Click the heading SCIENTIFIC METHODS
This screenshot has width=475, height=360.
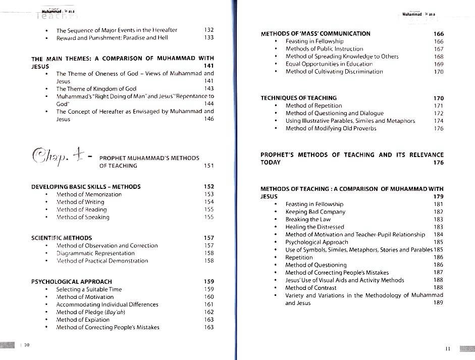(x=62, y=238)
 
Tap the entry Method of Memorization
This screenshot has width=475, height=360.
(x=89, y=194)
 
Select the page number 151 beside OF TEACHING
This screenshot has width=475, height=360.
(x=208, y=166)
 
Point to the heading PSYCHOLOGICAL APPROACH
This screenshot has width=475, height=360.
(x=72, y=282)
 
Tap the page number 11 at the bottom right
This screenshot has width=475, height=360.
(x=447, y=348)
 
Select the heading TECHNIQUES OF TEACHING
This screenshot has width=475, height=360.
(x=298, y=98)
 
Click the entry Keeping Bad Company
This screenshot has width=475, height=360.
(x=315, y=212)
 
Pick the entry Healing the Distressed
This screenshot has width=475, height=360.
(x=314, y=227)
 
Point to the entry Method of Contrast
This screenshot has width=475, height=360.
(x=311, y=288)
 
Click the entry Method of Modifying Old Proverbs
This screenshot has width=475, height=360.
(x=331, y=128)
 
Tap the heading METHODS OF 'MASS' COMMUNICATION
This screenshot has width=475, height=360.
(x=315, y=34)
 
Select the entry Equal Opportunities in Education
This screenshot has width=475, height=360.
(x=329, y=64)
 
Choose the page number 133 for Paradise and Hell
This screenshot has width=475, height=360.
(x=209, y=37)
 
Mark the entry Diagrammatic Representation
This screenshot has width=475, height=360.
(x=95, y=253)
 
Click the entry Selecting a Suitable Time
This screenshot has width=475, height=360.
(x=89, y=289)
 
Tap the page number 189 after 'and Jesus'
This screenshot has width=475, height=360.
(x=438, y=303)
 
